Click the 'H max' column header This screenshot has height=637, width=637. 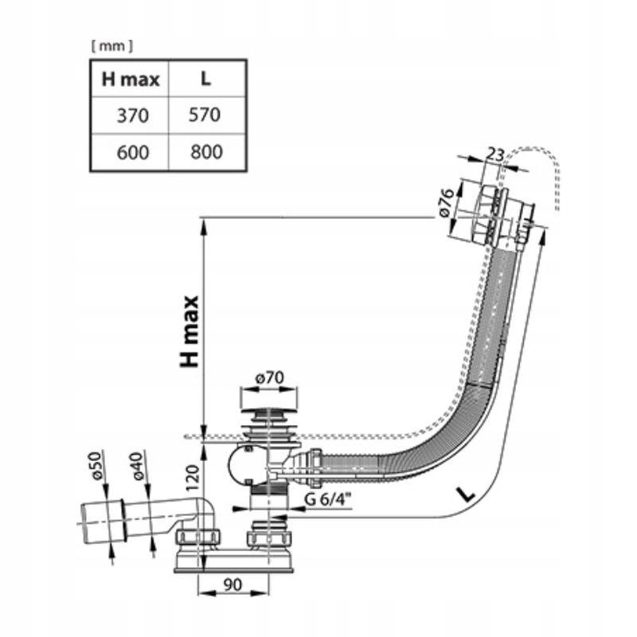pos(131,79)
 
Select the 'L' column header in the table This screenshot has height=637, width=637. pos(206,79)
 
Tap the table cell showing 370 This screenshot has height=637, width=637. pos(132,115)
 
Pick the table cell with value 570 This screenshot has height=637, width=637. pos(206,115)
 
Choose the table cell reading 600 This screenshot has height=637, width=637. pos(132,151)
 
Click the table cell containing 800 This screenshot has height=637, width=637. pos(206,151)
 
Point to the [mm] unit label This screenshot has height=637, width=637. pos(111,46)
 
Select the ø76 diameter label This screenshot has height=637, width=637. pos(447,205)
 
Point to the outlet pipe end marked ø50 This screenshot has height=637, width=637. pos(96,522)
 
